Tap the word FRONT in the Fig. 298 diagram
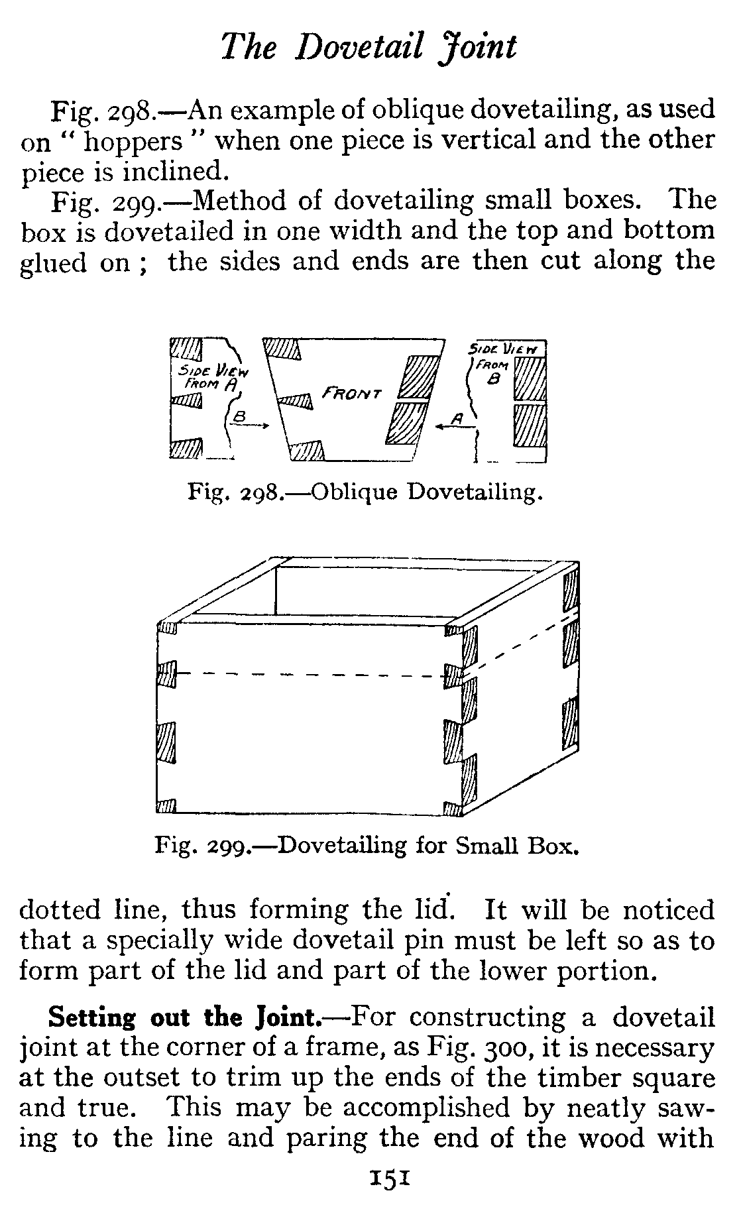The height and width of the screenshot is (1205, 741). tap(352, 393)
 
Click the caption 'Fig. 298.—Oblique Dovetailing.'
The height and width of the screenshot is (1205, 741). tap(365, 492)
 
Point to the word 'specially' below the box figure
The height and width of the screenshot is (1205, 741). tap(156, 942)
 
